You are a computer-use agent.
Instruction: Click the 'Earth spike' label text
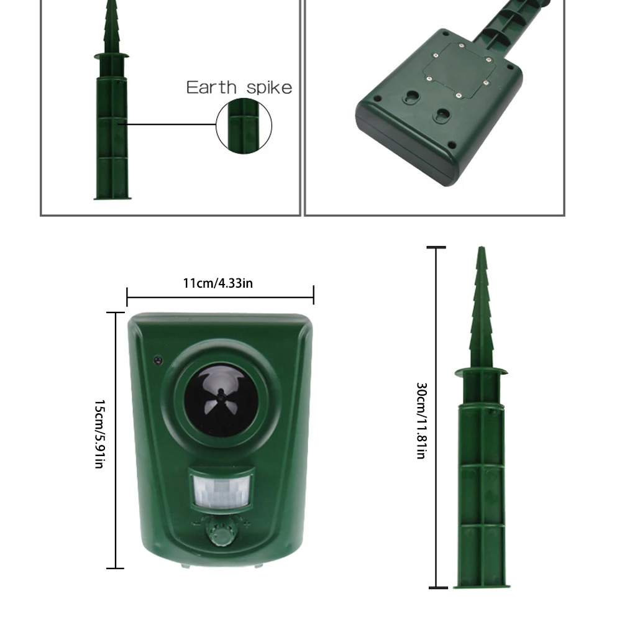(239, 88)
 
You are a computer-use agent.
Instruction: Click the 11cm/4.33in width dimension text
(217, 283)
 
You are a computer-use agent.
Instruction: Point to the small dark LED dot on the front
(158, 360)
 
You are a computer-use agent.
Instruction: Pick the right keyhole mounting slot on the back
(442, 115)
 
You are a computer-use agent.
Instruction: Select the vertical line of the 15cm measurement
(116, 441)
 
